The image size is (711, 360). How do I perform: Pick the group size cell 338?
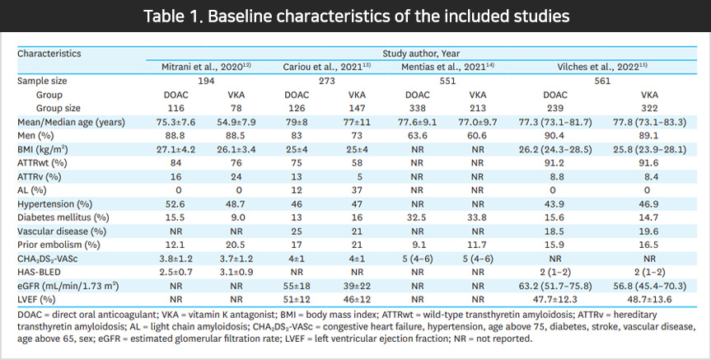417,108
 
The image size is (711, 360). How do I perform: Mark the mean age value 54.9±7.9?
236,122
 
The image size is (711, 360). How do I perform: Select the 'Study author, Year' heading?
420,53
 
